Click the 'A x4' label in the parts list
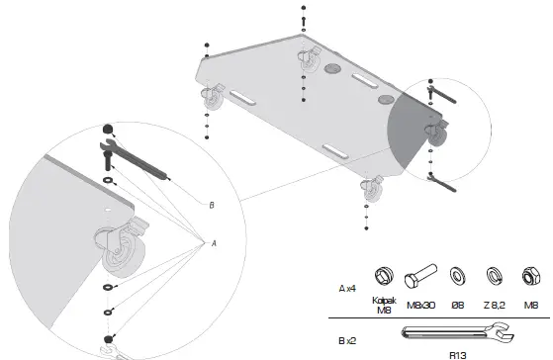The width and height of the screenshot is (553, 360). pos(346,288)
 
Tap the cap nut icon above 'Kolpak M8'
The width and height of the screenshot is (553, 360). pos(386,274)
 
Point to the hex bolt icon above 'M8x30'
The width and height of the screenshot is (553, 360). pos(422,274)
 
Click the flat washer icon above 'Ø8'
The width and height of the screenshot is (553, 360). pos(458,274)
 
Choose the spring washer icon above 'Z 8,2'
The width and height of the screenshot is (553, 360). pos(493,274)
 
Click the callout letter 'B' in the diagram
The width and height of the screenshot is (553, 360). pos(211,205)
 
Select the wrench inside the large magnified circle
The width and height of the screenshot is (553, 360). pos(138,161)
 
